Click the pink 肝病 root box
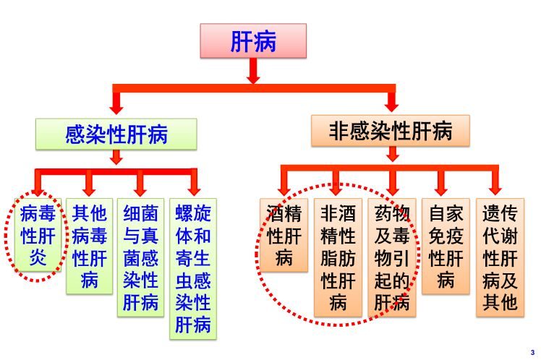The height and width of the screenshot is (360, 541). tap(253, 40)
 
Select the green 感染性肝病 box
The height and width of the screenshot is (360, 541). tap(116, 134)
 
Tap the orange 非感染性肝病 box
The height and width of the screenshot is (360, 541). tap(391, 131)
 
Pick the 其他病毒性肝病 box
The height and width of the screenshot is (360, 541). tap(90, 246)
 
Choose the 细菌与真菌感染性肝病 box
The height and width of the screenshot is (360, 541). tap(140, 257)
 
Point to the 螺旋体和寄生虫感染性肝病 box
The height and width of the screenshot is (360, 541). tap(193, 267)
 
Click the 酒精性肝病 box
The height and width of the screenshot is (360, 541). tap(283, 235)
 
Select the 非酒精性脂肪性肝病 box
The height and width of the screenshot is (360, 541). tap(338, 257)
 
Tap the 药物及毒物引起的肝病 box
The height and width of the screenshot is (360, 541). tap(392, 257)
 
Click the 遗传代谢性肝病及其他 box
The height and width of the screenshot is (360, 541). tap(500, 257)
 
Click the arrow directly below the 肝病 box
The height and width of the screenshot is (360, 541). tap(253, 72)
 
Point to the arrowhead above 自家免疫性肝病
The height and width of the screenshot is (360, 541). tap(442, 189)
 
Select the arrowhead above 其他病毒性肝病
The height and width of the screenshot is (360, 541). tap(90, 189)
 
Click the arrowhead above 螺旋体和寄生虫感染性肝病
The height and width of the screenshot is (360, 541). tap(193, 189)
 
